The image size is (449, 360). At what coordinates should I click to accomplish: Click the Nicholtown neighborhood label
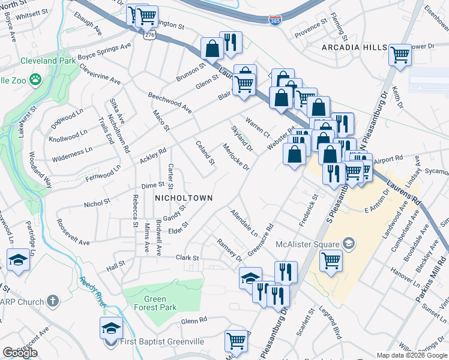[183, 197]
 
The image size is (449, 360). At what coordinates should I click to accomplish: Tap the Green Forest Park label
[147, 304]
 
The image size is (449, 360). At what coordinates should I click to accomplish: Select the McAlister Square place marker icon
[348, 244]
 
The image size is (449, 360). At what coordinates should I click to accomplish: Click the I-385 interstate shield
[274, 20]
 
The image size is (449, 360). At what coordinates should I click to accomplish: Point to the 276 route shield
[148, 36]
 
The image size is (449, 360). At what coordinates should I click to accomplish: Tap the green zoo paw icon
[36, 79]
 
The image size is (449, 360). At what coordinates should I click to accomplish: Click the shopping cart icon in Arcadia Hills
[400, 55]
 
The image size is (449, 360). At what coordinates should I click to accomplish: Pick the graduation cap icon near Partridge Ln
[19, 261]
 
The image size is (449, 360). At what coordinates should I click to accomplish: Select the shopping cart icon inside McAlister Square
[331, 260]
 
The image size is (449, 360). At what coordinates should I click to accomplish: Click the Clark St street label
[187, 258]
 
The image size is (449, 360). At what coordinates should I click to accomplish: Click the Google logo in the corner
[20, 353]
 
